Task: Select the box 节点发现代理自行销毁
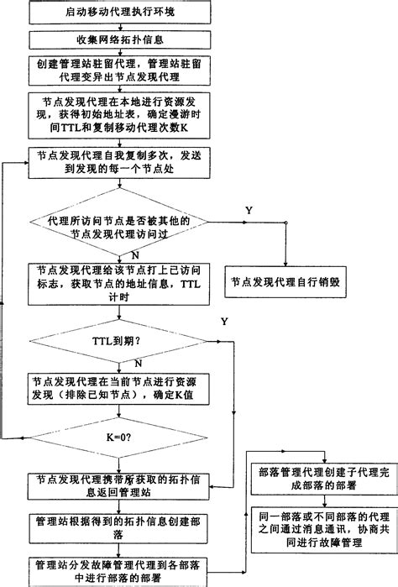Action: click(x=285, y=283)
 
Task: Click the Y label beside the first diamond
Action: click(x=248, y=207)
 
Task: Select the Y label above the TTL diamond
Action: click(x=224, y=322)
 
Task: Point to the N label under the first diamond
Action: click(x=134, y=253)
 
